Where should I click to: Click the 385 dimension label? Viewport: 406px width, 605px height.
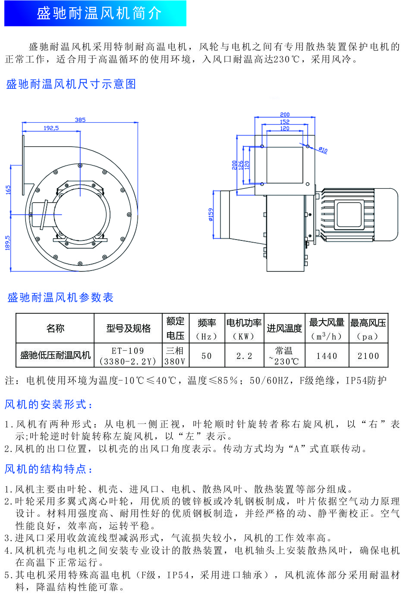click(x=80, y=120)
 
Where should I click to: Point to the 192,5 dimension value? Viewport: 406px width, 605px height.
click(x=51, y=128)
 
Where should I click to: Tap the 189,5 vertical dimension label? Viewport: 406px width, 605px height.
click(x=8, y=243)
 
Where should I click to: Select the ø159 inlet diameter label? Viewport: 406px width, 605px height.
click(x=211, y=215)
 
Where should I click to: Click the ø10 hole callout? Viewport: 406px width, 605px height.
click(x=323, y=150)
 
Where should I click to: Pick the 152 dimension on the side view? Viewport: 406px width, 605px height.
click(x=285, y=122)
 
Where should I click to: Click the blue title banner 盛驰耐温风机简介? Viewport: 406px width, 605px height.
click(x=95, y=13)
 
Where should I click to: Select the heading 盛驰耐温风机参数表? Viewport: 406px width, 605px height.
click(x=60, y=298)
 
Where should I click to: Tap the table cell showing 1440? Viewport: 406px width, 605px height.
click(x=327, y=356)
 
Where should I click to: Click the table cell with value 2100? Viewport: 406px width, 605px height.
click(x=368, y=356)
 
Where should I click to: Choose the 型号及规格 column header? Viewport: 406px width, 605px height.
click(x=128, y=328)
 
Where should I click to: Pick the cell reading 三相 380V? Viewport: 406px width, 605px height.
click(x=175, y=356)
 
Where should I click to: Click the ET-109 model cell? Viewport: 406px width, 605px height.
click(x=128, y=356)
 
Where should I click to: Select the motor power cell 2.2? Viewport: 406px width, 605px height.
click(x=244, y=356)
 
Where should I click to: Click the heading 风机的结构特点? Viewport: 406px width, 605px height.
click(x=49, y=469)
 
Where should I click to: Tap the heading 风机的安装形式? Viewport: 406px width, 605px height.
click(x=49, y=405)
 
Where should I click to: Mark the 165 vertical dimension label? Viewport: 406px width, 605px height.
click(x=8, y=190)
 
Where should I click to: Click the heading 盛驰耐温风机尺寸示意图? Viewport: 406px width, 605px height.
click(x=71, y=84)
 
